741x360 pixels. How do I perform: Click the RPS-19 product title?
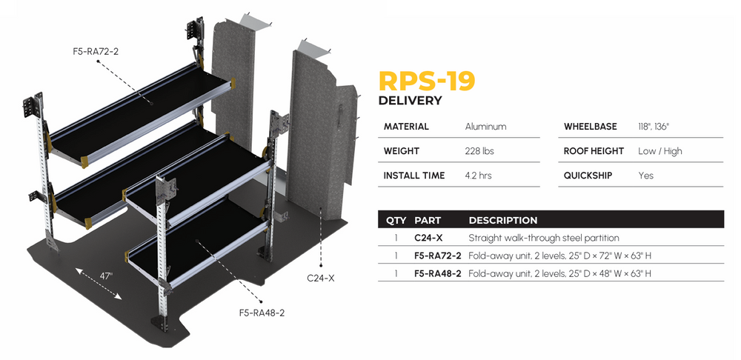426,81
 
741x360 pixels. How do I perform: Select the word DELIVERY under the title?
410,101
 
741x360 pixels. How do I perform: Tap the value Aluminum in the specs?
485,127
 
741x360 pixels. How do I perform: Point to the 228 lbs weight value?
479,151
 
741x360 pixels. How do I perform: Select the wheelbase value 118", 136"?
654,127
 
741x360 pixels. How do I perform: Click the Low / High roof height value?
659,151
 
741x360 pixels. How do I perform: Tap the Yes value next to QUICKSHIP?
646,176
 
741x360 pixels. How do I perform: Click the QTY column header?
396,220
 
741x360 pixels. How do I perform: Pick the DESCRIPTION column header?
502,220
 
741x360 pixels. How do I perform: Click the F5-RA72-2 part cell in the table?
438,256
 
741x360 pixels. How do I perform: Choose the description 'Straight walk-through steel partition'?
544,238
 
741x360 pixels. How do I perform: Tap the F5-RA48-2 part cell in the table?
438,273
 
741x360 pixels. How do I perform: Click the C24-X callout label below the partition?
320,279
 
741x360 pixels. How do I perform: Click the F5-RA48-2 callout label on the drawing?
261,313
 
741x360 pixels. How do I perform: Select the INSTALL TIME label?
414,176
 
